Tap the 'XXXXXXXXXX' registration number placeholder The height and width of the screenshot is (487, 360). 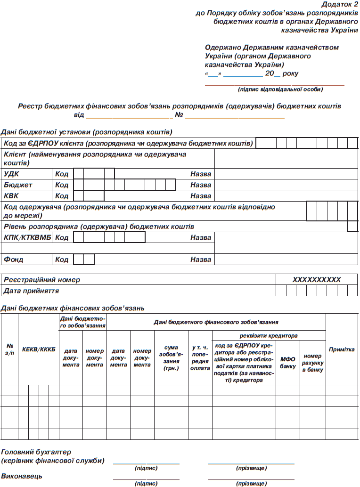(316, 280)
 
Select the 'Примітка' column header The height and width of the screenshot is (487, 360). (342, 349)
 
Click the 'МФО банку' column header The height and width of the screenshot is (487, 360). (287, 363)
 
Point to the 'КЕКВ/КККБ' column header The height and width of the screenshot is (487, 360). (39, 349)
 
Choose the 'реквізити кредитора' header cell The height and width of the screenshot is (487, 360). (269, 336)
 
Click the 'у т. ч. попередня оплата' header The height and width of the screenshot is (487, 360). (200, 358)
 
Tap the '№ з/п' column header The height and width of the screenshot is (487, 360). (9, 349)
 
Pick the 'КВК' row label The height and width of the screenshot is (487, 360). (12, 195)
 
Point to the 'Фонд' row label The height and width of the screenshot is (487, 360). (14, 260)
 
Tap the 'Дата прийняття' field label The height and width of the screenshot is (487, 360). (31, 291)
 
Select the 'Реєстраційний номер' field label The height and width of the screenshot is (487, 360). (42, 280)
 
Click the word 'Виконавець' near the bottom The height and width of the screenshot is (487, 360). (22, 476)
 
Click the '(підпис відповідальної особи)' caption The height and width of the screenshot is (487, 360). (280, 89)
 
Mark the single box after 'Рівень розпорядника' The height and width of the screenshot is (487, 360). (353, 227)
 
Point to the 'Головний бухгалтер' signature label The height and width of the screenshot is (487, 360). (36, 452)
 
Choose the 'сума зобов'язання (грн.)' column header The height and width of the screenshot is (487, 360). (171, 358)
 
